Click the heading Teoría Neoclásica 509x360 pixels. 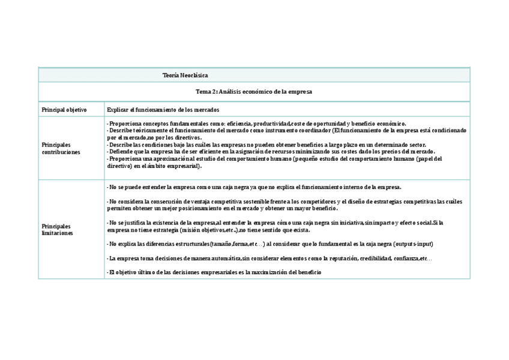click(185, 76)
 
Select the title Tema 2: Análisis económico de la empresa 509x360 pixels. click(254, 92)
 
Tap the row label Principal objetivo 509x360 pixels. click(64, 110)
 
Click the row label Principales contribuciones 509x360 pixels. click(61, 148)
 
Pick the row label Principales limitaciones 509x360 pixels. click(58, 229)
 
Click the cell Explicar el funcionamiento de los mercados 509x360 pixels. click(163, 110)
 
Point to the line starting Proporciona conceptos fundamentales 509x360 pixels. click(256, 123)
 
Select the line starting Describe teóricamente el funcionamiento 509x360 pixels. click(286, 130)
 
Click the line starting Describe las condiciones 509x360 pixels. click(266, 145)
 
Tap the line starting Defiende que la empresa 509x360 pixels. click(271, 152)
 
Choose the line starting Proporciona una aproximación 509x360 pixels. click(274, 159)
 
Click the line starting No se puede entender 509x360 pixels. click(254, 187)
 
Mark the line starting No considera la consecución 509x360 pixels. click(284, 202)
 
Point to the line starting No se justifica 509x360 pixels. click(274, 223)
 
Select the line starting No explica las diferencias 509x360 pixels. click(270, 244)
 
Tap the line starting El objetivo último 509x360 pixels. click(214, 272)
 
